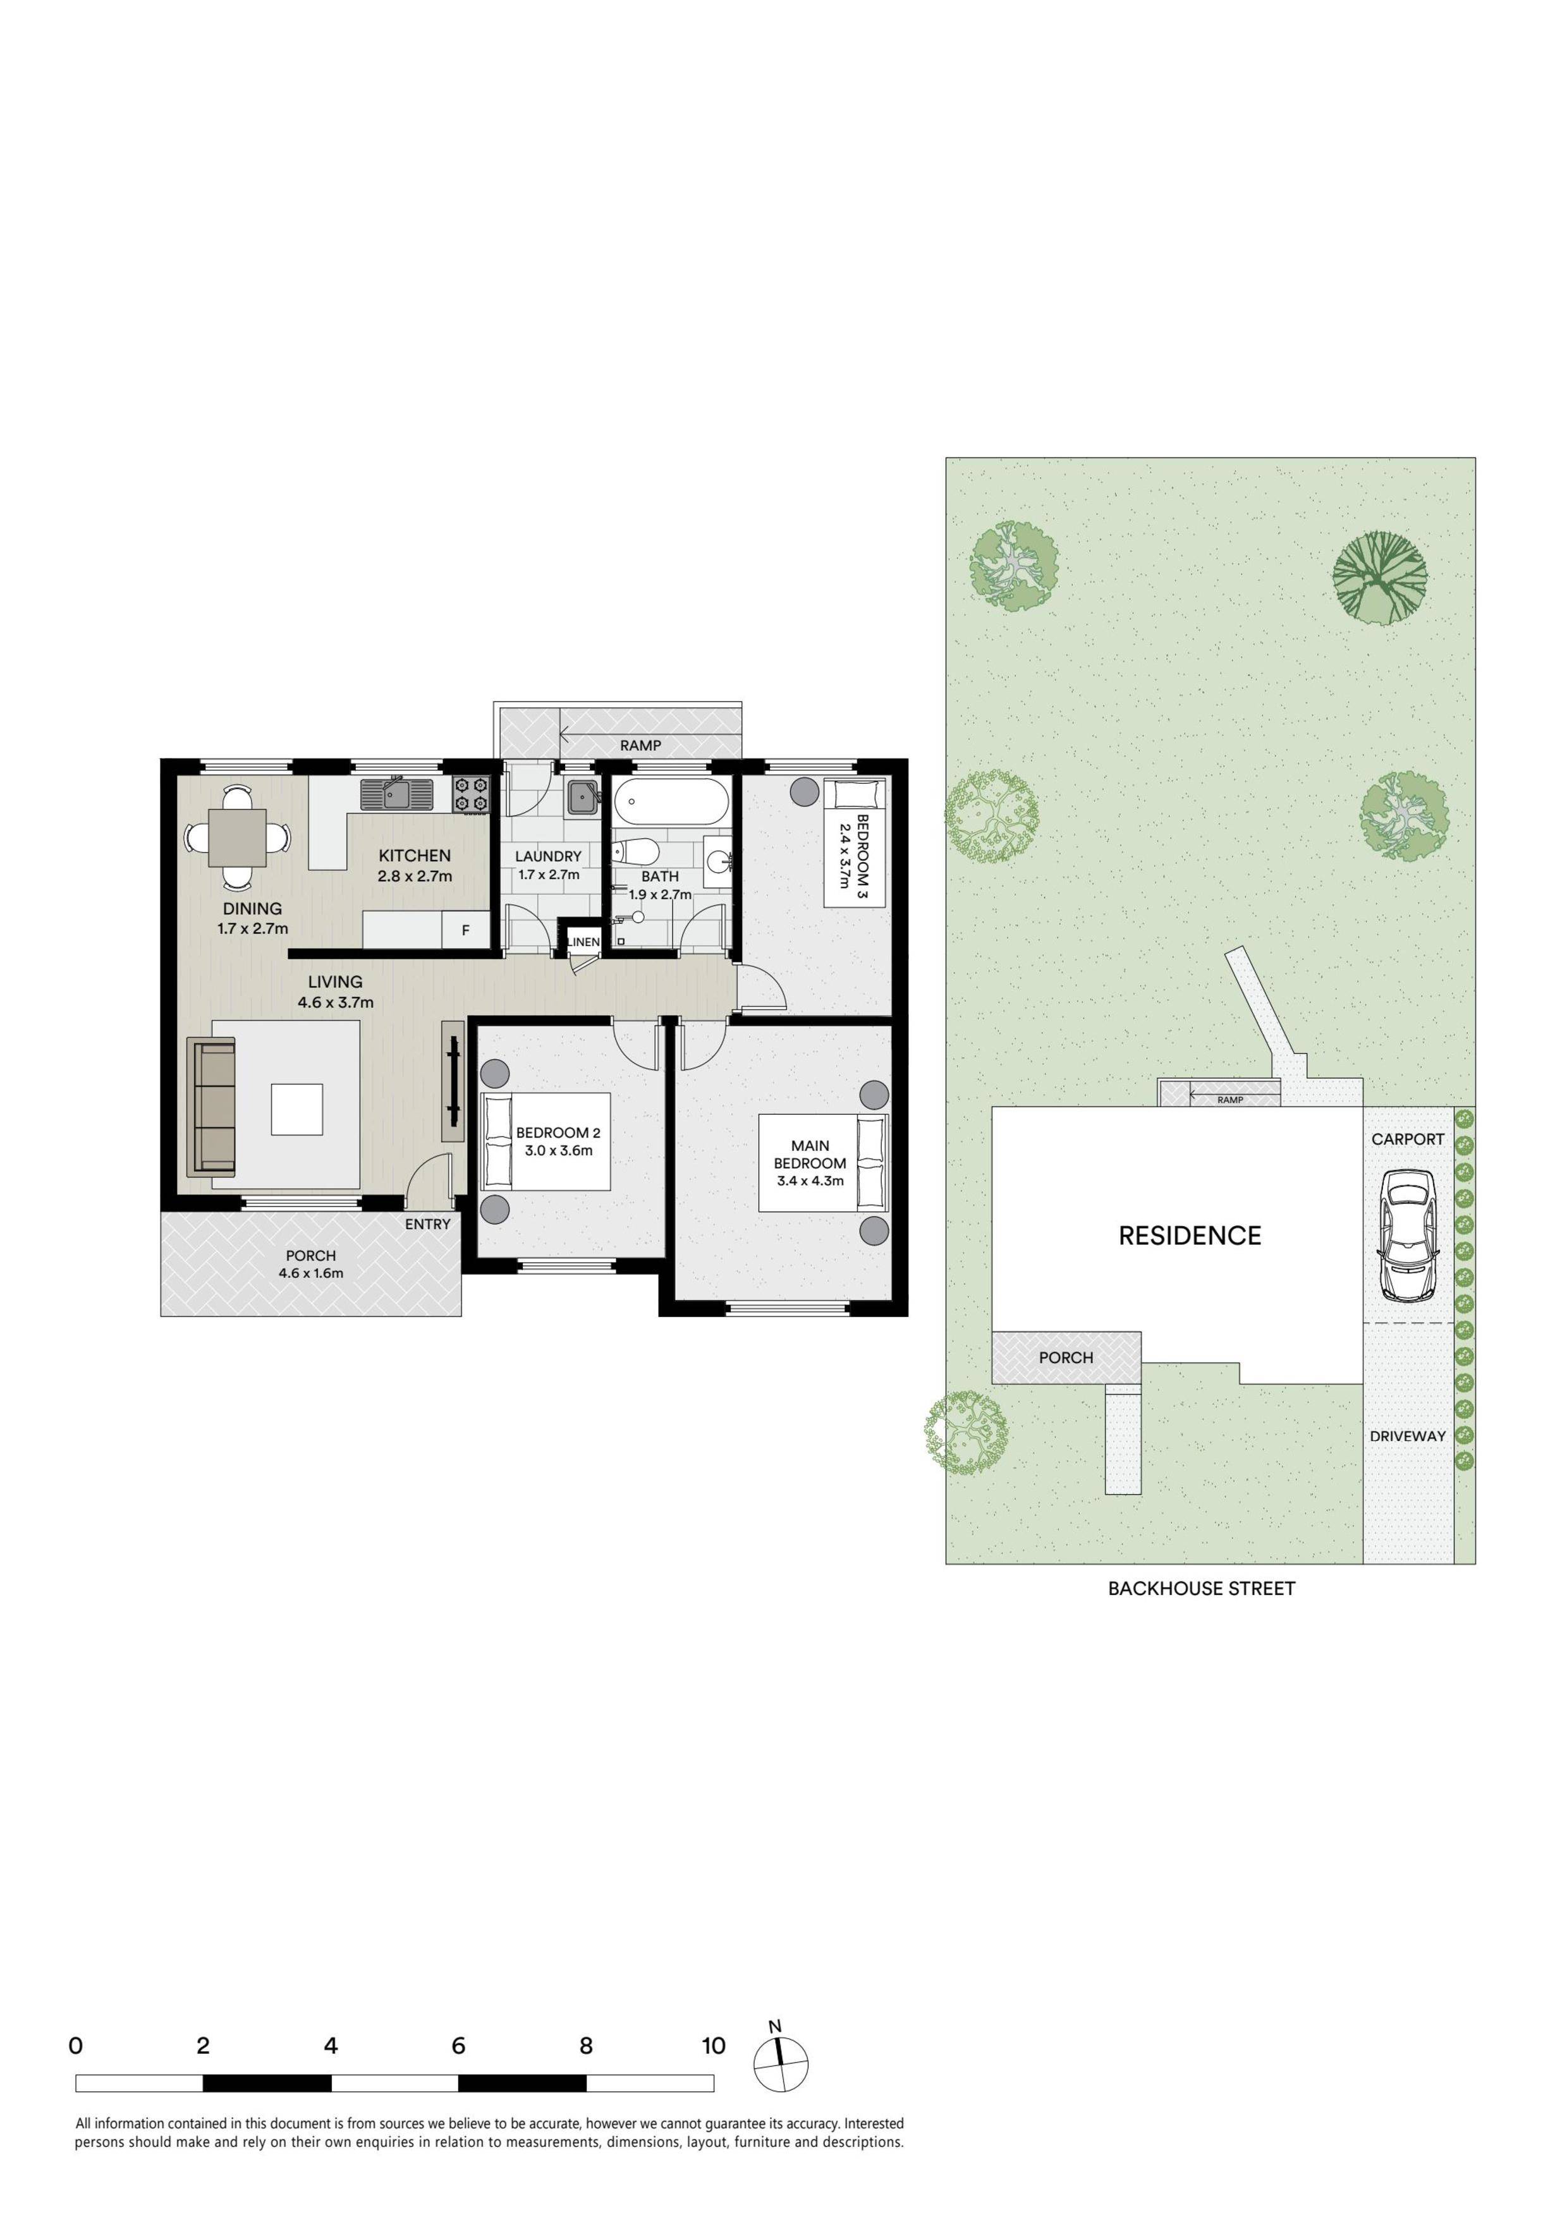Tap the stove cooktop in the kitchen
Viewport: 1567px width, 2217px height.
point(473,794)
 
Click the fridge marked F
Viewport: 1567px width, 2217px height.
point(465,931)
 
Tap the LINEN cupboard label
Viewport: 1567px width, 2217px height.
point(583,942)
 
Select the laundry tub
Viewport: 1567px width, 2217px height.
point(582,798)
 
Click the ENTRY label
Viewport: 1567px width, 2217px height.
point(428,1224)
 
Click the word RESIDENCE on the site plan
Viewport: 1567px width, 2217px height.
point(1190,1236)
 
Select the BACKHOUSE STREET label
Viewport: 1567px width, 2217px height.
point(1201,1588)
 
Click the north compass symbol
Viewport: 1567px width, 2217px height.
point(780,2067)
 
